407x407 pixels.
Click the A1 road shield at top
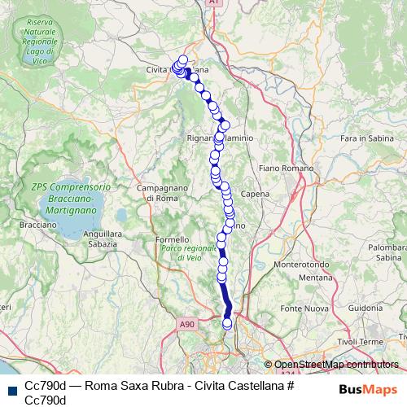coord(213,3)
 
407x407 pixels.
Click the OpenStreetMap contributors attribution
coord(336,365)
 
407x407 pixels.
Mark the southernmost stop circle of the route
coord(227,324)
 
